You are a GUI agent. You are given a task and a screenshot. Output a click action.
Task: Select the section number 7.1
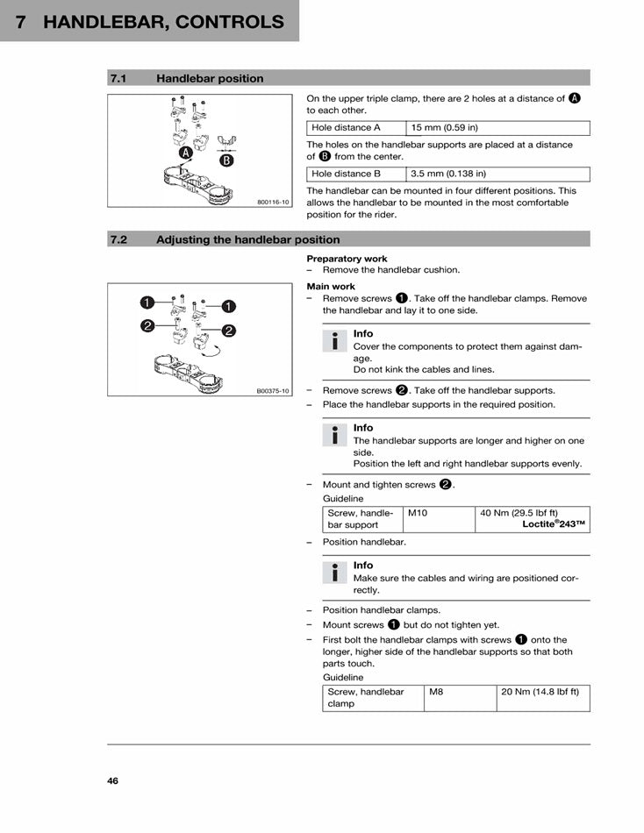coord(119,78)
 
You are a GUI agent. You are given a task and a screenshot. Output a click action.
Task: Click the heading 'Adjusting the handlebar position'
coord(247,239)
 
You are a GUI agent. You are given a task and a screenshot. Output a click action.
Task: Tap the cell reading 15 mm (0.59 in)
coord(446,128)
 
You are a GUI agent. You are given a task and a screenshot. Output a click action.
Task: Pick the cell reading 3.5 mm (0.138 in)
coord(448,174)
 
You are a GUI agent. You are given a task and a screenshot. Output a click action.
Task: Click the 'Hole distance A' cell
coord(346,128)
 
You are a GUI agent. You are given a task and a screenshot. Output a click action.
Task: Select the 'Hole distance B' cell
coord(346,174)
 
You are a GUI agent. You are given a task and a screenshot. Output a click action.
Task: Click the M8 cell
coord(436,692)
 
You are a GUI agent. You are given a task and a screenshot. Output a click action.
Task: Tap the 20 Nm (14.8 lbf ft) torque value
coord(540,692)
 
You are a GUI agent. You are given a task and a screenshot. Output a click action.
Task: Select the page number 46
coord(113,780)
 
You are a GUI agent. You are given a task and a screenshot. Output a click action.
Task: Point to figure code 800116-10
coord(273,202)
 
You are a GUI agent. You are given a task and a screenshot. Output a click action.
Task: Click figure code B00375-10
coord(273,391)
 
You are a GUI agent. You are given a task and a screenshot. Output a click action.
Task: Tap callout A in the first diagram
coord(186,153)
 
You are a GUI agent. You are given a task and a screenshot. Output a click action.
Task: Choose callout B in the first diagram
coord(227,160)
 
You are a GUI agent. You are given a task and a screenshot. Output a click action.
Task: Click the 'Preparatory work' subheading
coord(347,259)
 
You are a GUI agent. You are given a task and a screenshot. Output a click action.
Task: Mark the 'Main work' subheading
coord(331,287)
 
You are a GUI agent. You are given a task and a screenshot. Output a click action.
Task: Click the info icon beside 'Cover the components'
coord(334,341)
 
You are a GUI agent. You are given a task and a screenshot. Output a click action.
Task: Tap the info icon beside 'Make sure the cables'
coord(334,573)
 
